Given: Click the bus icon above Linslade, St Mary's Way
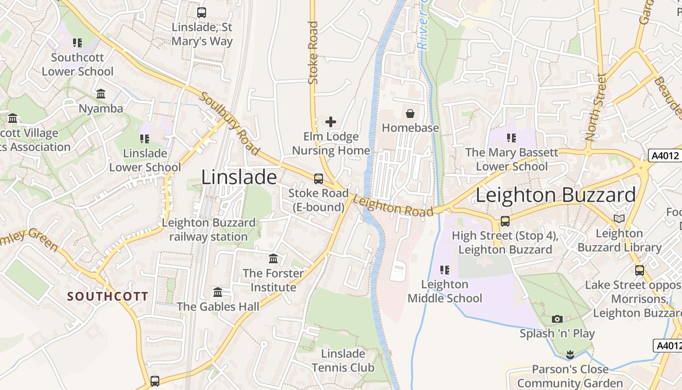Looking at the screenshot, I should pos(201,13).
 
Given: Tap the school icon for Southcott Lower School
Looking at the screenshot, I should pos(77,43).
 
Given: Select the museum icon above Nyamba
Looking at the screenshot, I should pos(101,94).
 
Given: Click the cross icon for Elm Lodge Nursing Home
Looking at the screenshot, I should pos(331,121).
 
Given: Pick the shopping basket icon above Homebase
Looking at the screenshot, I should pos(410,114).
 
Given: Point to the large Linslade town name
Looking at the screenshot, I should pos(239,177).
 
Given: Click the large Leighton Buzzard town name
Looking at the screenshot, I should pos(555,195).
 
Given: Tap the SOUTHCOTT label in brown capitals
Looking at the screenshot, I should pos(108,296).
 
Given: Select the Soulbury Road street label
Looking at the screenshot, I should pos(229,123).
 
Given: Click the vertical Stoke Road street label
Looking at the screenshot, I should pos(313,53).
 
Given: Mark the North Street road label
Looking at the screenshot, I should pos(596,107).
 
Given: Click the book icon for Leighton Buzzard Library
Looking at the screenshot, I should pos(619,219).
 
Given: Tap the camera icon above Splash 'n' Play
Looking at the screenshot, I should pos(557,319).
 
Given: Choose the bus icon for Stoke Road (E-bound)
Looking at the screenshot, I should pos(319,179).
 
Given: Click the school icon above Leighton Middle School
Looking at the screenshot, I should pos(444,270).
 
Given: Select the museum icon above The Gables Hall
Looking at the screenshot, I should pos(218,292).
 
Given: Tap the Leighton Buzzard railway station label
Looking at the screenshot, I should pos(208,230).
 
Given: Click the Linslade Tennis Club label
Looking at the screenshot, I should pos(343,360).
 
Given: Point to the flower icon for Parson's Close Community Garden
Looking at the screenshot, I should pos(570,354).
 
